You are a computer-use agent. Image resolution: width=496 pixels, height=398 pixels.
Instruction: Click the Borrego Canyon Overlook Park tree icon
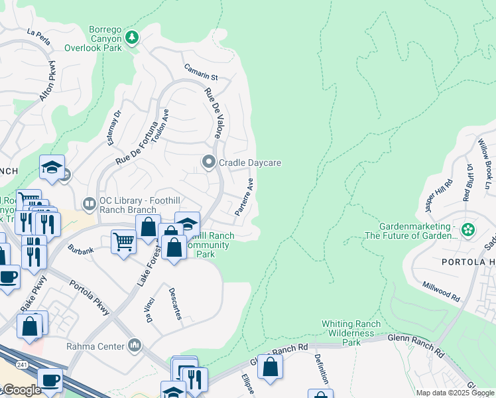point(133,37)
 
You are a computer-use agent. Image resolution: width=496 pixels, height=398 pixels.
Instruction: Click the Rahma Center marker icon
point(136,346)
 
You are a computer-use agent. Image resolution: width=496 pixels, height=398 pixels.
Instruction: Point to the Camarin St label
point(202,77)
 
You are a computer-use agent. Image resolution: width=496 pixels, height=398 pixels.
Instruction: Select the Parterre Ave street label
point(245,196)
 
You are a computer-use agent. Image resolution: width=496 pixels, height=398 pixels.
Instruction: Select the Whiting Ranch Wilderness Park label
point(351,333)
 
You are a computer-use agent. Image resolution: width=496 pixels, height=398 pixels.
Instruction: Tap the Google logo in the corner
point(21,390)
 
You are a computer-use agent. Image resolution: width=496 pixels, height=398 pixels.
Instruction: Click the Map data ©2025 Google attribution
point(454,393)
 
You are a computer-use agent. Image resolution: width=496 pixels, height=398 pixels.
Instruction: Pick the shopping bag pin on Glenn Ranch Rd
point(271,366)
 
